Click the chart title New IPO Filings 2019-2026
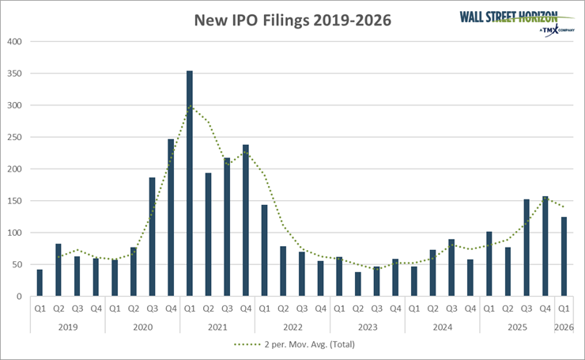pyautogui.click(x=293, y=21)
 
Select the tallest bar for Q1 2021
pyautogui.click(x=190, y=184)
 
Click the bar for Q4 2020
pyautogui.click(x=171, y=218)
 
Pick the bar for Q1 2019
pyautogui.click(x=40, y=282)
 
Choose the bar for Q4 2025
pyautogui.click(x=545, y=246)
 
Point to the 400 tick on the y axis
pyautogui.click(x=15, y=41)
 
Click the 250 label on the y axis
pyautogui.click(x=15, y=137)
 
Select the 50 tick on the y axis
pyautogui.click(x=17, y=264)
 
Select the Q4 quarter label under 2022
pyautogui.click(x=321, y=309)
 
